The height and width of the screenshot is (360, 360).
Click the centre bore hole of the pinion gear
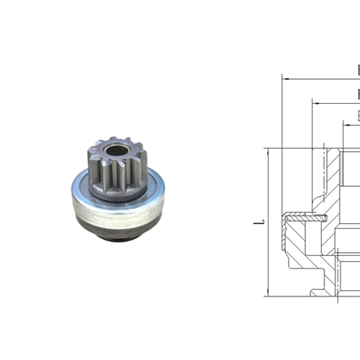[113, 153]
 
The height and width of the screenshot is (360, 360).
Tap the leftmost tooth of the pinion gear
[89, 158]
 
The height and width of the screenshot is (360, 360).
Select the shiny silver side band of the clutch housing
[120, 215]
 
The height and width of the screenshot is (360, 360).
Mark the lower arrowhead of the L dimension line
[266, 293]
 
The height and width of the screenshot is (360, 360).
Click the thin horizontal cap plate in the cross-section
[306, 214]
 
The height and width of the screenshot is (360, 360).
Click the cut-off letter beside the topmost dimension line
[358, 70]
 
